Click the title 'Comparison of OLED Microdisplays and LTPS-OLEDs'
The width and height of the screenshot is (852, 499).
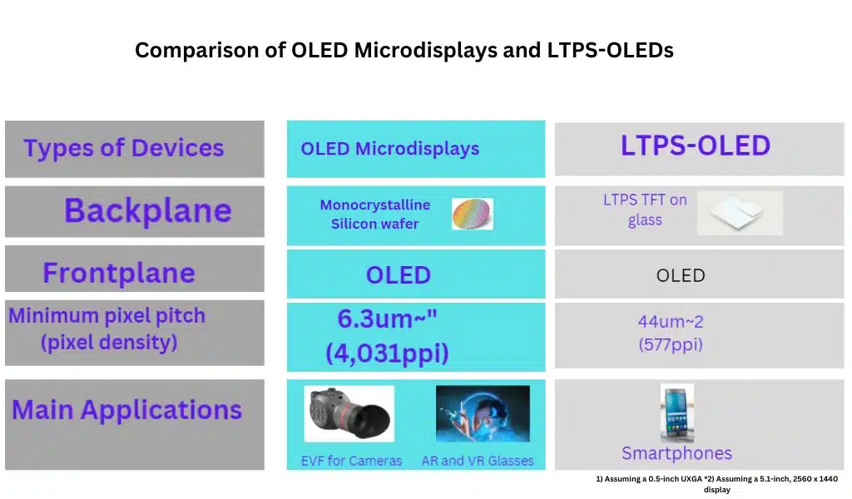click(x=404, y=51)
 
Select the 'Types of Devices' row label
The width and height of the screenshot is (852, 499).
click(x=123, y=149)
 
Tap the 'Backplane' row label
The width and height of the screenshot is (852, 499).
click(x=147, y=210)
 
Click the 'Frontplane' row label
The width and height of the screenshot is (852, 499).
click(x=119, y=273)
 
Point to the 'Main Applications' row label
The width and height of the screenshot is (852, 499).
click(x=126, y=410)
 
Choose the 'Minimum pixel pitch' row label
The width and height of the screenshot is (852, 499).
click(x=106, y=316)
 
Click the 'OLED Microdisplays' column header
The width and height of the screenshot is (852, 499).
click(x=389, y=149)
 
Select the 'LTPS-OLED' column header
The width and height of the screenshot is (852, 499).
click(x=695, y=146)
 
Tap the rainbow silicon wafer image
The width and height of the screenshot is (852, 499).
click(x=472, y=214)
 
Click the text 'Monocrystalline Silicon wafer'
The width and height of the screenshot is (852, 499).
click(x=374, y=214)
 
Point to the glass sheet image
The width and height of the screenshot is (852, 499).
click(x=739, y=212)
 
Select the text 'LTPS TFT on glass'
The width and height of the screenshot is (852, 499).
click(x=645, y=210)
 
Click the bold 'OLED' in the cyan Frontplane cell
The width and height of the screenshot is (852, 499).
click(x=398, y=275)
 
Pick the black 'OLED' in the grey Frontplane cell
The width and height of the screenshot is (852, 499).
click(x=680, y=275)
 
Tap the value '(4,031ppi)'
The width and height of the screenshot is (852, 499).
click(x=387, y=353)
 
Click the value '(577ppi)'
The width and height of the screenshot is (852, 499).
click(x=671, y=344)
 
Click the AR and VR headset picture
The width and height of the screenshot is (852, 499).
click(x=483, y=413)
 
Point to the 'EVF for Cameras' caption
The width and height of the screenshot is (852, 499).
click(x=351, y=461)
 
